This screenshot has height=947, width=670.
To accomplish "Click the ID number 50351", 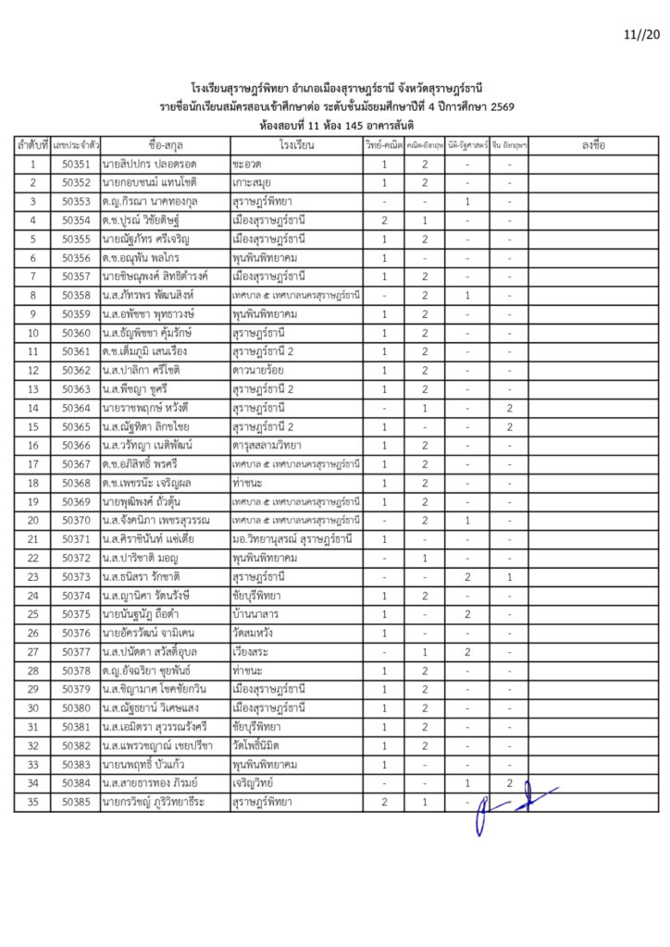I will tap(77, 165).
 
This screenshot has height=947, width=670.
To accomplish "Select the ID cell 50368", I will tap(77, 483).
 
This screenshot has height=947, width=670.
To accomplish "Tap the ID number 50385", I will tap(77, 802).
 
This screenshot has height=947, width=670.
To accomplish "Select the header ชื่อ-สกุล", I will tap(166, 145).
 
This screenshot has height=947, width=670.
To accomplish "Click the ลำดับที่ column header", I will tap(32, 145).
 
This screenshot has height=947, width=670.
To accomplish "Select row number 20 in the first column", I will tap(32, 521).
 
